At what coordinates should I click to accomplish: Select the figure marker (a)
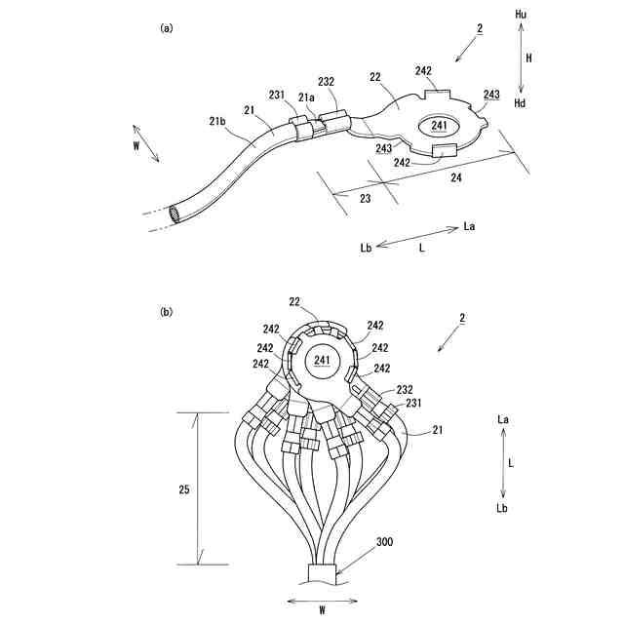[x=167, y=28]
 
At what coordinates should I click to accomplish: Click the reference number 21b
[x=217, y=122]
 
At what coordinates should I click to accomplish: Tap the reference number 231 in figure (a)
[x=276, y=96]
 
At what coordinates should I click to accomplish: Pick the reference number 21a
[x=306, y=97]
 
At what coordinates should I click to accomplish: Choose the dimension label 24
[x=455, y=178]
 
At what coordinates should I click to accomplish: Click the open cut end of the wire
[x=175, y=213]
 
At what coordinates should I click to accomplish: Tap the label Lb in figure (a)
[x=366, y=249]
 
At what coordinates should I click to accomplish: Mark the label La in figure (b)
[x=502, y=418]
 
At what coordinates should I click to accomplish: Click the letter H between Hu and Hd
[x=528, y=58]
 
